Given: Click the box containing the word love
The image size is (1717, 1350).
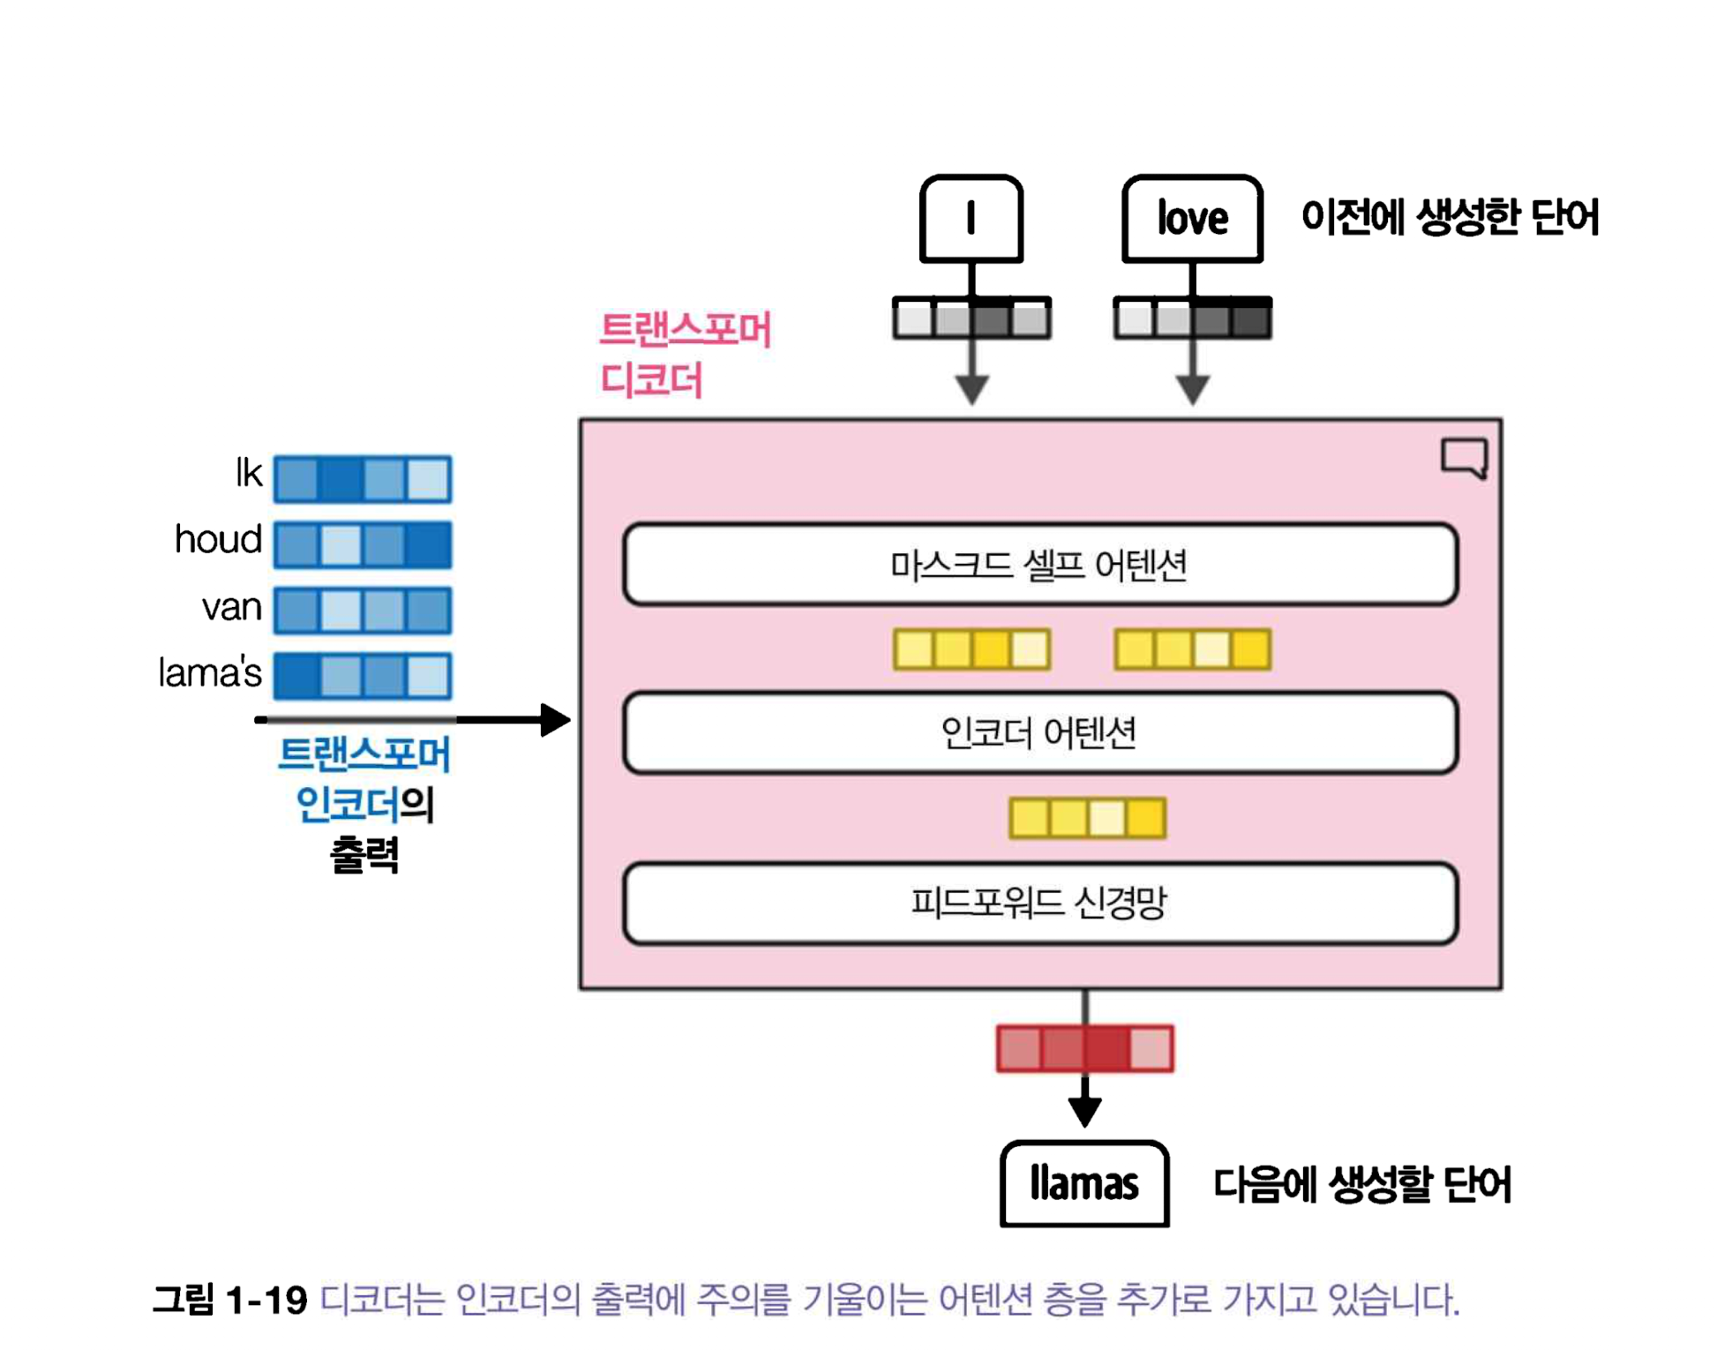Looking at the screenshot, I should point(1191,218).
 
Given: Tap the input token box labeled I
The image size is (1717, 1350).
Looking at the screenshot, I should point(971,218).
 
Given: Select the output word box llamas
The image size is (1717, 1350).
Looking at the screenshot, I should point(1083,1183).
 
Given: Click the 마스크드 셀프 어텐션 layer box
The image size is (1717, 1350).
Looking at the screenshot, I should point(1039,565).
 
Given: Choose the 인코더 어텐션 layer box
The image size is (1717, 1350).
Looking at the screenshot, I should point(1039,733).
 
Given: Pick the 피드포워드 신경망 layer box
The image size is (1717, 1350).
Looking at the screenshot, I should point(1039,903).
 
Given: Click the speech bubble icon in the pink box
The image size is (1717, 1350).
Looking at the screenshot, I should point(1464,458).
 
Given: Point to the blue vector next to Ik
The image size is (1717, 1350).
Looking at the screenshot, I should point(363,479).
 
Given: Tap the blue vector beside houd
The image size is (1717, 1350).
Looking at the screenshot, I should point(363,544).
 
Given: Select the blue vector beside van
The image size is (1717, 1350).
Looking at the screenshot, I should point(363,610).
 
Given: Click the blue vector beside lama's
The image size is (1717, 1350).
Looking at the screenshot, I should point(363,676).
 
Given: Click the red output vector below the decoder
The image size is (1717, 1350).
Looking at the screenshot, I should point(1084,1048).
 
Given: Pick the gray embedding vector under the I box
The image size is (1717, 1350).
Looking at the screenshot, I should point(971,319).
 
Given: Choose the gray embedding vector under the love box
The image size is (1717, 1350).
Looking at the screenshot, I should point(1192,319).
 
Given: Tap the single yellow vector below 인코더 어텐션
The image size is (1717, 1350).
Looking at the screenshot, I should point(1087,818).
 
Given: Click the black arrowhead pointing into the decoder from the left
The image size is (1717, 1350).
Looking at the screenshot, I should point(555,720).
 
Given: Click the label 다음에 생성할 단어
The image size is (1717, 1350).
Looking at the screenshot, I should point(1361,1184).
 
